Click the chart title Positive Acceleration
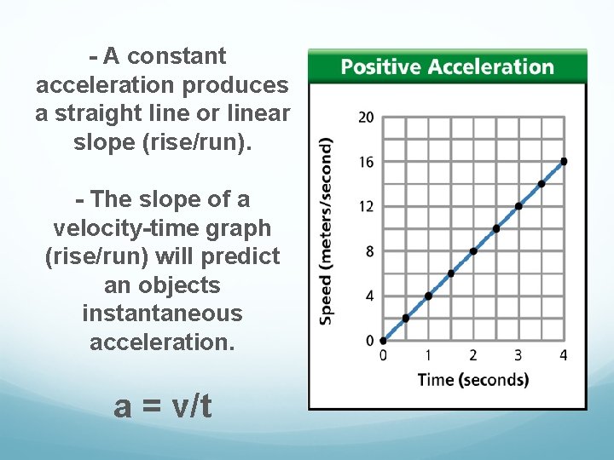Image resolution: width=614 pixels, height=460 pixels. pyautogui.click(x=447, y=66)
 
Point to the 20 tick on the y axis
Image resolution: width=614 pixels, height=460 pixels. pyautogui.click(x=365, y=118)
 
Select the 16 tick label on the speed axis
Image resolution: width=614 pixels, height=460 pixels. pyautogui.click(x=365, y=162)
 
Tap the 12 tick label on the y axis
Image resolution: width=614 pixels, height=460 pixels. pyautogui.click(x=365, y=206)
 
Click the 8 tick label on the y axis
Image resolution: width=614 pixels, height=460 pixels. pyautogui.click(x=368, y=251)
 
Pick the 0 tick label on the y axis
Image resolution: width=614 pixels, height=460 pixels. pyautogui.click(x=368, y=341)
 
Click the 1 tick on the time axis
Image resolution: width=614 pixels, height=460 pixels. pyautogui.click(x=427, y=355)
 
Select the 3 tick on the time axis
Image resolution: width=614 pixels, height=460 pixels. pyautogui.click(x=518, y=355)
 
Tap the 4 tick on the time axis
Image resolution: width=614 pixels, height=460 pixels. pyautogui.click(x=564, y=355)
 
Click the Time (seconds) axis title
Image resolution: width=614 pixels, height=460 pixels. pyautogui.click(x=472, y=380)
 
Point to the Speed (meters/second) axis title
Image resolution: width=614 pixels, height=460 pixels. pyautogui.click(x=327, y=230)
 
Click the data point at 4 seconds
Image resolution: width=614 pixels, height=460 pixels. pyautogui.click(x=564, y=161)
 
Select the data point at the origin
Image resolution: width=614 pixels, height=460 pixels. pyautogui.click(x=383, y=341)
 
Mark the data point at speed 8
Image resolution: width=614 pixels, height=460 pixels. pyautogui.click(x=473, y=251)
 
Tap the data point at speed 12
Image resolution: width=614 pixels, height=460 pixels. pyautogui.click(x=518, y=206)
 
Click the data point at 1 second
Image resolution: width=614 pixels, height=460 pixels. pyautogui.click(x=428, y=296)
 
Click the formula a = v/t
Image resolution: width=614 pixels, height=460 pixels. pyautogui.click(x=162, y=407)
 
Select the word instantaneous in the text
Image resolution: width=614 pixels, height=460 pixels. pyautogui.click(x=162, y=313)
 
